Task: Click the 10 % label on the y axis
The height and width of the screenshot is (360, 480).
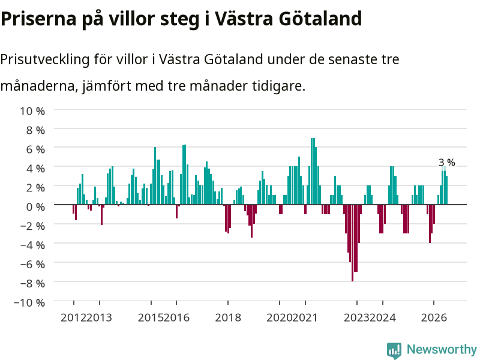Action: point(32,111)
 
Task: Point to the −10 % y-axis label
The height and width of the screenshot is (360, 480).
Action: point(29,302)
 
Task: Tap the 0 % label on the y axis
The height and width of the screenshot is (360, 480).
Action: point(35,206)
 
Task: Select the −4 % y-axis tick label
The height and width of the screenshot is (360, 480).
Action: point(32,245)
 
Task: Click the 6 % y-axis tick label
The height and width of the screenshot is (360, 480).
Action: point(35,149)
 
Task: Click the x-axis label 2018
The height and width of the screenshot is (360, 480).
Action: point(228,317)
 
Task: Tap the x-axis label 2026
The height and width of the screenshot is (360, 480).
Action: point(434,317)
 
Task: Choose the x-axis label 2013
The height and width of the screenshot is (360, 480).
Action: point(100,317)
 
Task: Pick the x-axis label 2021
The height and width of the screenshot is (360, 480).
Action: point(305,317)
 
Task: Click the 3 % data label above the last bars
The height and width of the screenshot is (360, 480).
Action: point(446,162)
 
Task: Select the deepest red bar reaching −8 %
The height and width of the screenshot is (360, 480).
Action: point(352,243)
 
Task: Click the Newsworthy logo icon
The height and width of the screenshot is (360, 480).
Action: point(394,350)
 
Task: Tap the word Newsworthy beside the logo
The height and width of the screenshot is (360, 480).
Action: point(442,349)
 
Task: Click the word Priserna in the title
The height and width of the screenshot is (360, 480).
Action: point(38,19)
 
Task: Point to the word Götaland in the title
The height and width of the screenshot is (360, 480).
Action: point(320,19)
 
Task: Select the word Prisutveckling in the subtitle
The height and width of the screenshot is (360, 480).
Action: point(44,59)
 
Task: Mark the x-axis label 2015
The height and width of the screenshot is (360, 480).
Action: point(151,317)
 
